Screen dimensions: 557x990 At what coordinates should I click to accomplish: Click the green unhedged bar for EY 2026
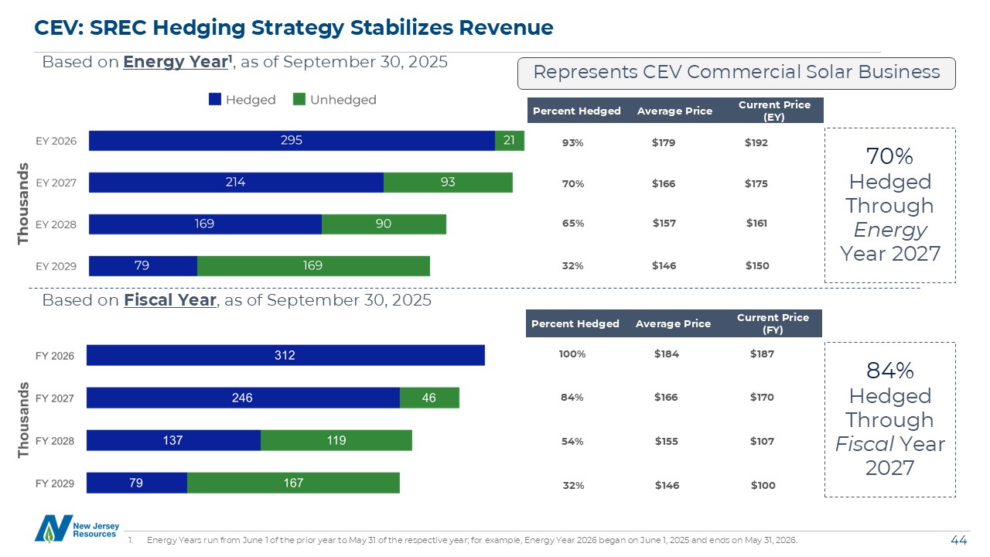pyautogui.click(x=510, y=140)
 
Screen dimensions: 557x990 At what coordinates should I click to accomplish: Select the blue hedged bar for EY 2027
pyautogui.click(x=236, y=183)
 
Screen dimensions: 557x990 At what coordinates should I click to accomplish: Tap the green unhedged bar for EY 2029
pyautogui.click(x=313, y=266)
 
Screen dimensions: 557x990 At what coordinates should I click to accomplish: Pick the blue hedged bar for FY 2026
pyautogui.click(x=285, y=356)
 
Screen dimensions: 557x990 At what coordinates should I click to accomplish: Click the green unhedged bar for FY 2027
pyautogui.click(x=429, y=398)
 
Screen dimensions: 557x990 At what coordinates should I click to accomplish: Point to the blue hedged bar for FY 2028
pyautogui.click(x=173, y=440)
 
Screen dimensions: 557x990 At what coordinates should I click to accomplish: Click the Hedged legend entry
pyautogui.click(x=242, y=100)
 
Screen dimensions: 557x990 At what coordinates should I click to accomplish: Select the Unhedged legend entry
pyautogui.click(x=334, y=100)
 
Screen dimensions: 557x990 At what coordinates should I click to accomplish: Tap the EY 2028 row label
pyautogui.click(x=56, y=225)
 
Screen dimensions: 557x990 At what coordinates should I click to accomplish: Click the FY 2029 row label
pyautogui.click(x=55, y=484)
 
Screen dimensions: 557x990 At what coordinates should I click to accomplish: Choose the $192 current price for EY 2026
pyautogui.click(x=756, y=143)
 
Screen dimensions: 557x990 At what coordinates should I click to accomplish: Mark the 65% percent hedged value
pyautogui.click(x=573, y=224)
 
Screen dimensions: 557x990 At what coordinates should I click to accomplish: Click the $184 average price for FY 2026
pyautogui.click(x=666, y=354)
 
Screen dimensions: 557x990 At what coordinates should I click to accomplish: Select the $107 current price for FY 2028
pyautogui.click(x=762, y=441)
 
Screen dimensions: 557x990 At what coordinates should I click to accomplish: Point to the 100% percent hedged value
pyautogui.click(x=572, y=354)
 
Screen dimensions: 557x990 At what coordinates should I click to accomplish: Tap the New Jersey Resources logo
pyautogui.click(x=77, y=527)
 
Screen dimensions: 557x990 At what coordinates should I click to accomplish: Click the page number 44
pyautogui.click(x=959, y=539)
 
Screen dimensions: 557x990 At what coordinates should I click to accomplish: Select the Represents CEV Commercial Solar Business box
pyautogui.click(x=736, y=73)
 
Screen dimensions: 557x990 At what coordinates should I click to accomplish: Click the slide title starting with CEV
pyautogui.click(x=294, y=28)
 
